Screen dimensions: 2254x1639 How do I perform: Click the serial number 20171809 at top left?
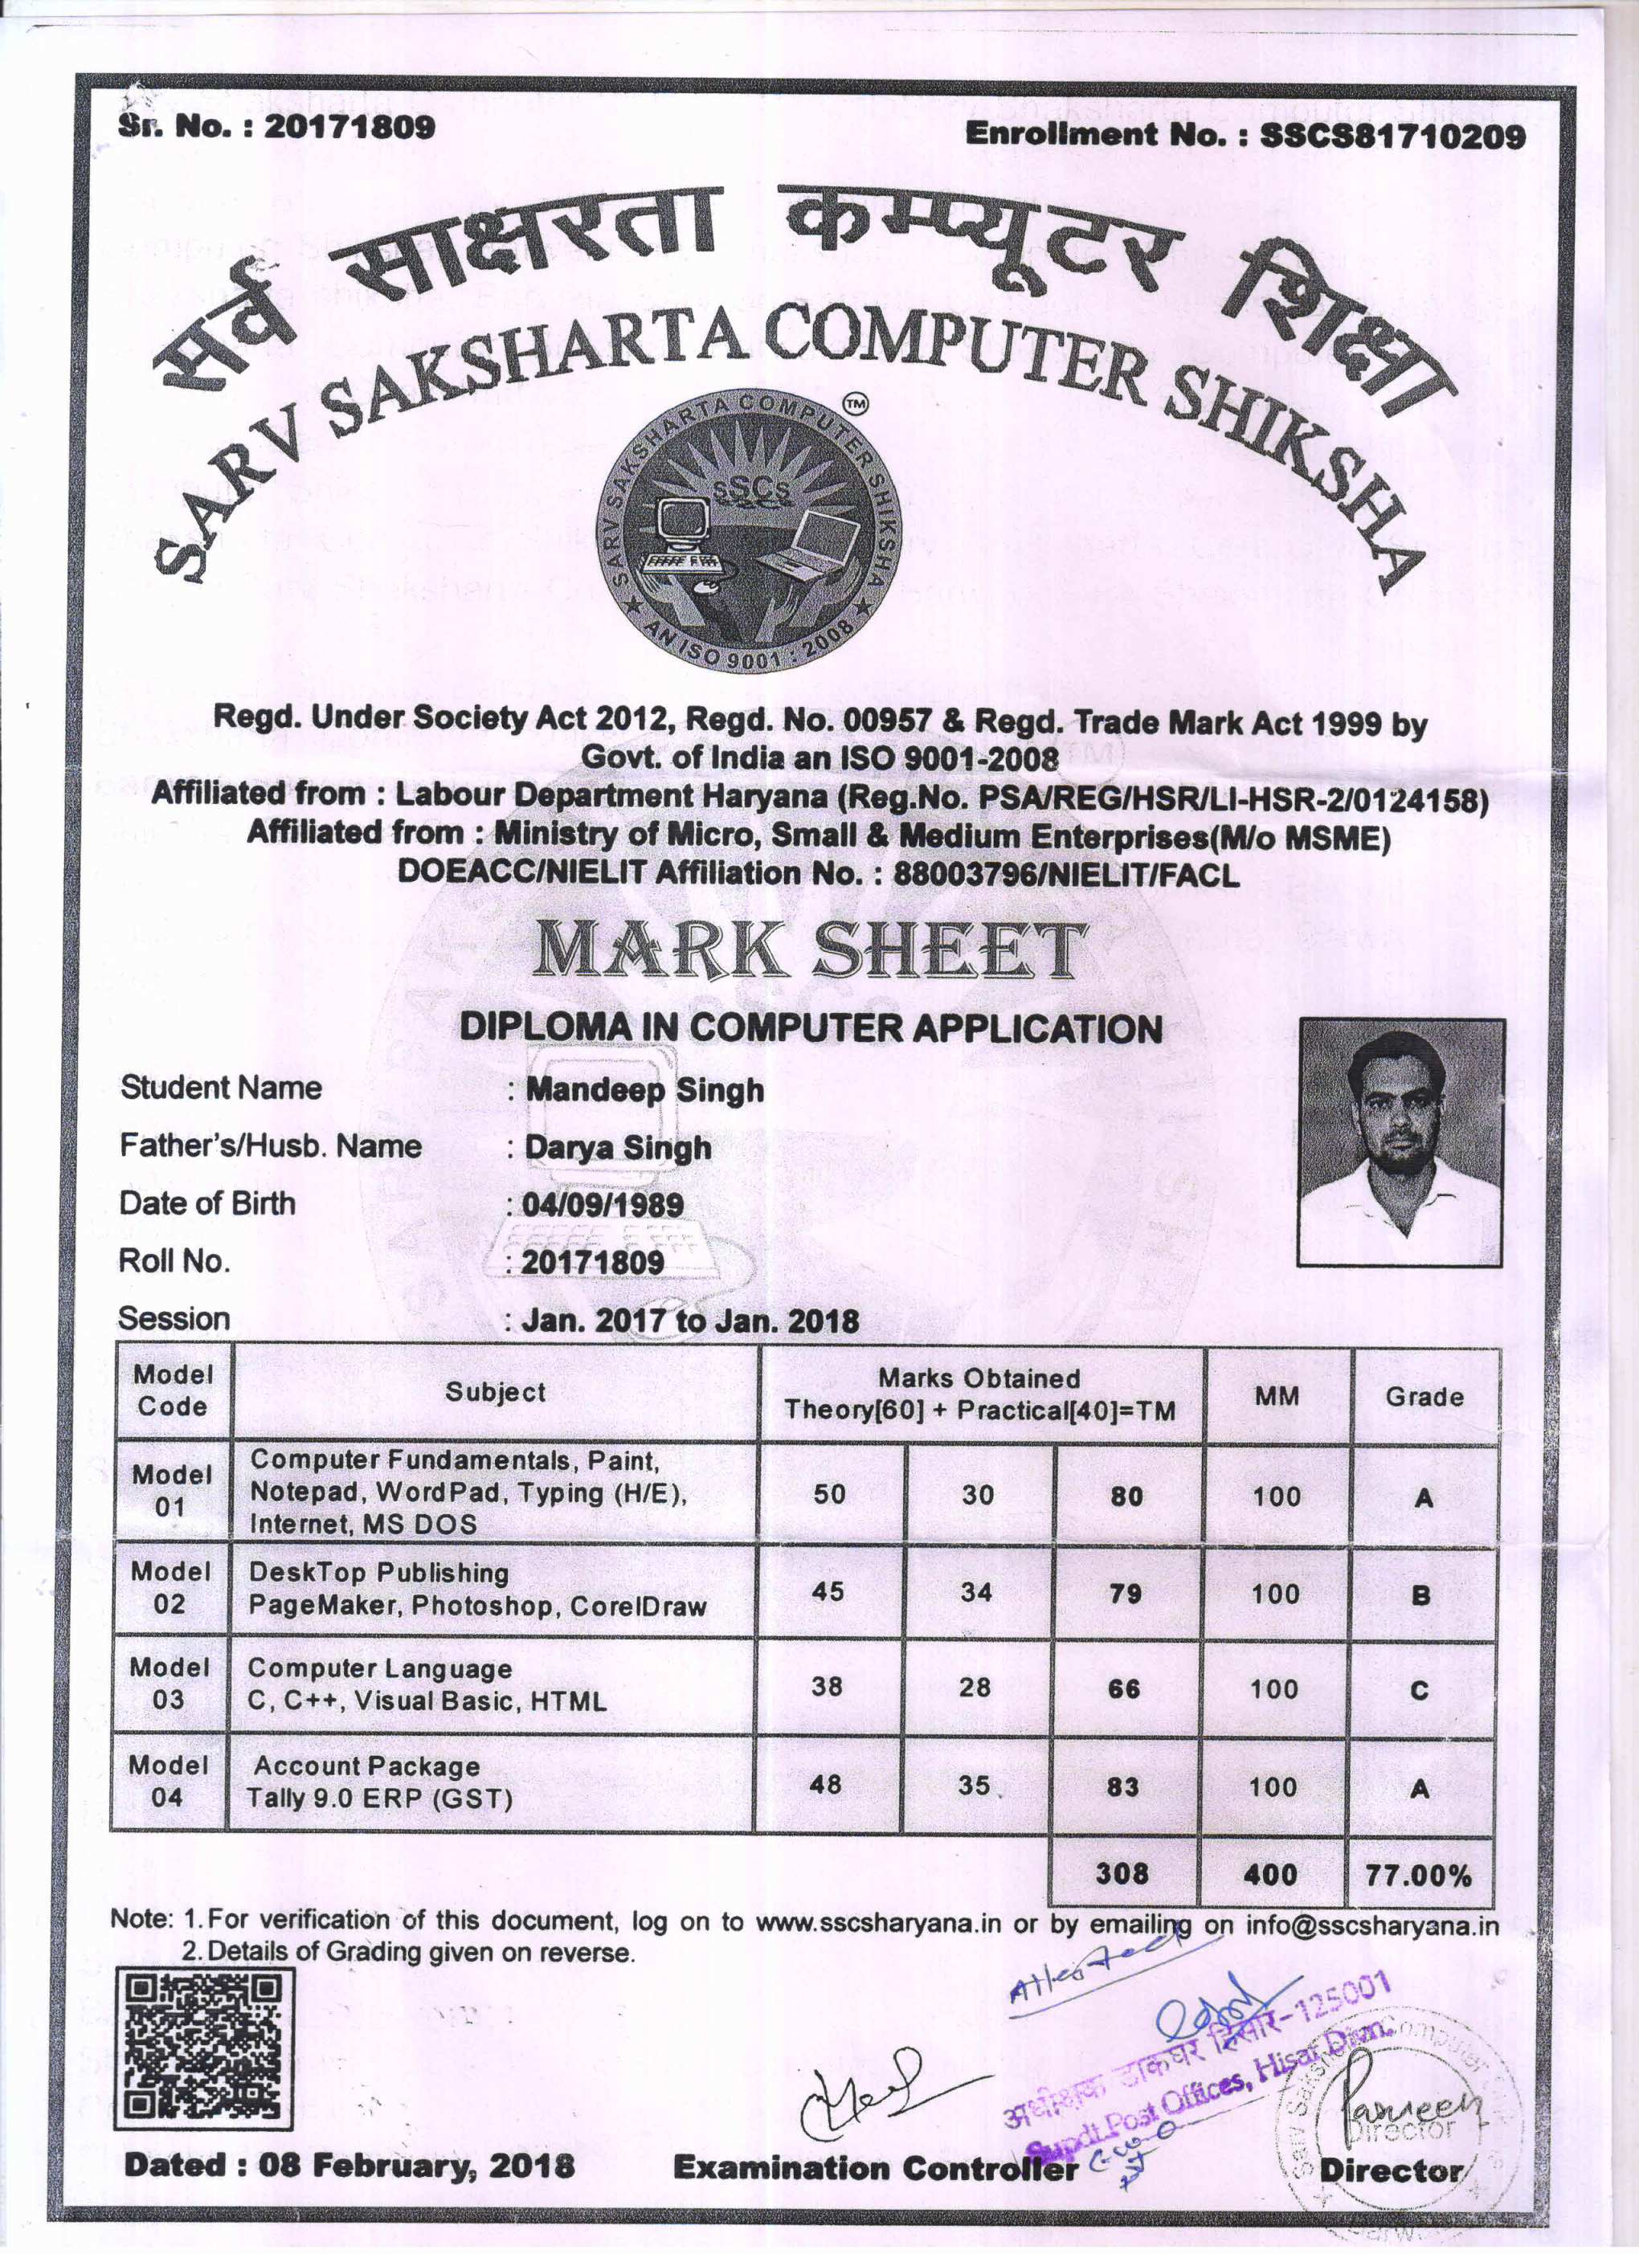pos(348,126)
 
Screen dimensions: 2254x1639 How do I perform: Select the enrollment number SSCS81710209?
pos(1392,135)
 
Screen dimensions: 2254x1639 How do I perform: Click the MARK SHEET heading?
pos(809,951)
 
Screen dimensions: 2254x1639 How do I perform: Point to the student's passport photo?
pos(1401,1142)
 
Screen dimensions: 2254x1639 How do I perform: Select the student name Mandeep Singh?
pos(644,1089)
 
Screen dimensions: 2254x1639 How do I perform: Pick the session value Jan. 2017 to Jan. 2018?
pos(690,1320)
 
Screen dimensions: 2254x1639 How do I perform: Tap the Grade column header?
pos(1424,1396)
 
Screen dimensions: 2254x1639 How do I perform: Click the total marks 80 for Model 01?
pos(1126,1496)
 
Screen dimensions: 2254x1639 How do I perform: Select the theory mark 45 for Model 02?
pos(828,1591)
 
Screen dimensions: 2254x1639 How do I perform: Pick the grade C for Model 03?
pos(1420,1689)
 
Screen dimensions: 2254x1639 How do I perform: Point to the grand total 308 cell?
pos(1122,1873)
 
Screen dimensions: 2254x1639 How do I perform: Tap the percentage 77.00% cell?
pos(1418,1876)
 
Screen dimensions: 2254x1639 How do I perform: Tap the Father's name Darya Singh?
pos(617,1147)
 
